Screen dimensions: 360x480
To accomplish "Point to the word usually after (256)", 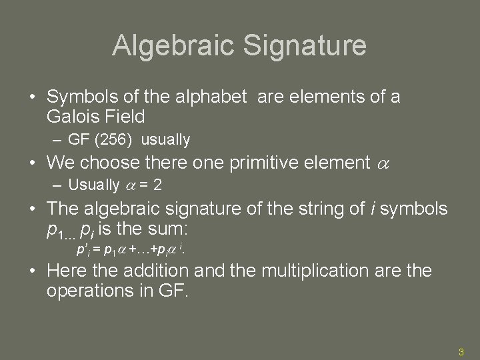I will click(166, 140).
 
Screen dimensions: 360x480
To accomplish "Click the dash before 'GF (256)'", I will click(57, 140).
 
